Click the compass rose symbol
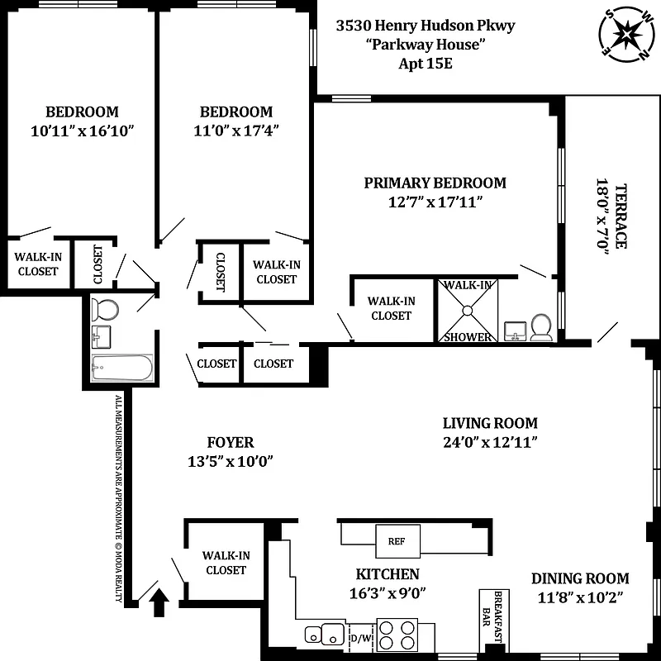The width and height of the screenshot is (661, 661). pyautogui.click(x=625, y=36)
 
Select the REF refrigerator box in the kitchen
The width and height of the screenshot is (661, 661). pyautogui.click(x=392, y=541)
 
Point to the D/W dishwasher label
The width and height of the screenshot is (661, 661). pyautogui.click(x=361, y=638)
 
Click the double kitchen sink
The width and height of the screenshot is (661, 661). pyautogui.click(x=325, y=635)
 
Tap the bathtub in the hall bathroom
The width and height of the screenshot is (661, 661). pyautogui.click(x=122, y=368)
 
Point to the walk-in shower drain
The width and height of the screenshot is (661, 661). pyautogui.click(x=468, y=311)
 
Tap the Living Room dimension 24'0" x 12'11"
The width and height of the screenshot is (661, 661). pyautogui.click(x=490, y=442)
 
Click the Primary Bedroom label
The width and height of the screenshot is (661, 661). pyautogui.click(x=435, y=183)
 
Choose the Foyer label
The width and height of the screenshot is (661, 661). pyautogui.click(x=230, y=442)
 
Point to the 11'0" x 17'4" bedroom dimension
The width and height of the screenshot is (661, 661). pyautogui.click(x=235, y=131)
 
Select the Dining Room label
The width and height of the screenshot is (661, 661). pyautogui.click(x=579, y=578)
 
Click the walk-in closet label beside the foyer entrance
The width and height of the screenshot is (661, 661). pyautogui.click(x=226, y=563)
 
